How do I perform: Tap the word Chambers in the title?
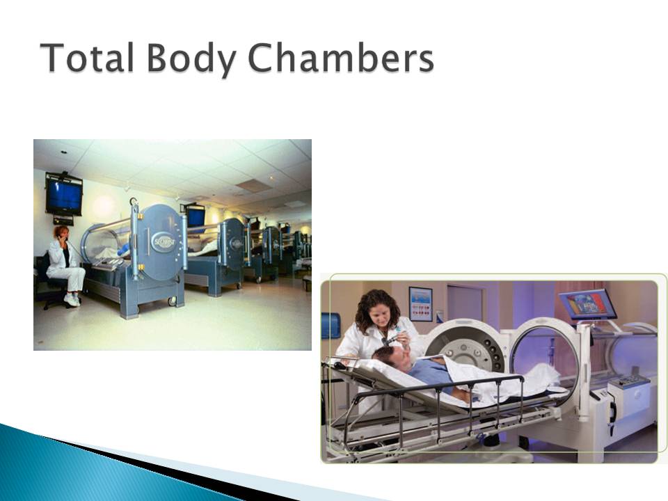(x=341, y=58)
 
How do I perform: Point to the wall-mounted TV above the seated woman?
(x=64, y=197)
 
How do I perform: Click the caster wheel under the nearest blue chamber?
(x=173, y=301)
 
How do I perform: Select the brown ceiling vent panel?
(x=252, y=186)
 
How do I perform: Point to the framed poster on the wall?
(x=420, y=304)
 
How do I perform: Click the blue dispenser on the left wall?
(x=330, y=326)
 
